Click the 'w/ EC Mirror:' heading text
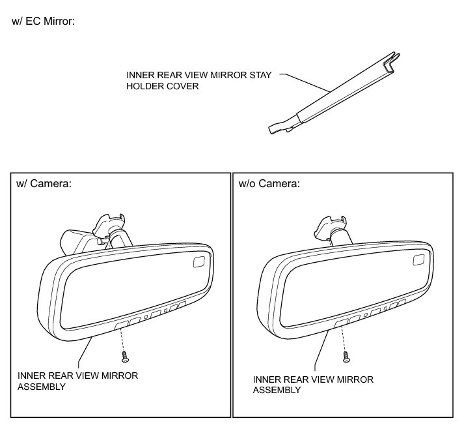point(43,21)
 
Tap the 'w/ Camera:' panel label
point(44,184)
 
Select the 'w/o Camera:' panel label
point(269,184)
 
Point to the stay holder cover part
point(332,97)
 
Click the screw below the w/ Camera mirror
point(124,357)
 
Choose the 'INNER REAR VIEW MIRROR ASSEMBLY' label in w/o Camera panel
point(313,385)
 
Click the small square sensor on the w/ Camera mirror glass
point(198,262)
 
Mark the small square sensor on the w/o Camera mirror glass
point(420,262)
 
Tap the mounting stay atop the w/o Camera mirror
point(331,228)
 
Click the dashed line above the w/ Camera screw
point(123,339)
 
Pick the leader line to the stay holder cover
point(306,82)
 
